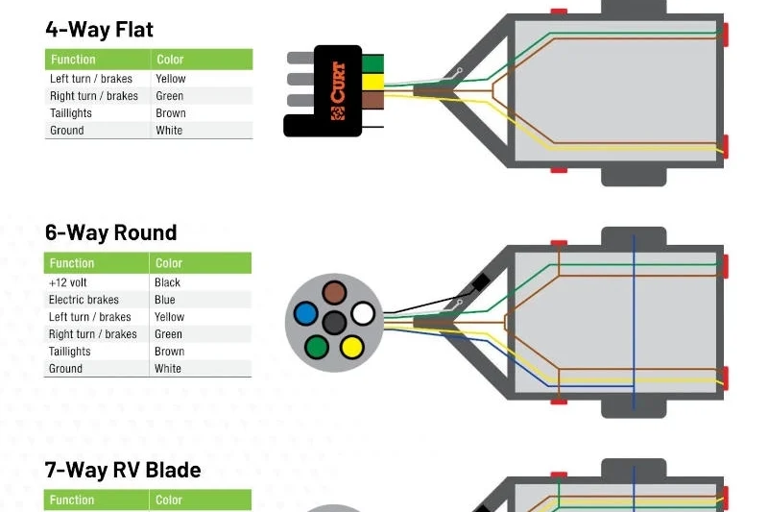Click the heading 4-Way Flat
pos(99,29)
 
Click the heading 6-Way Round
pos(110,232)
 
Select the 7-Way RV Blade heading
pos(123,470)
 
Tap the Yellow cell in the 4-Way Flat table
pos(171,79)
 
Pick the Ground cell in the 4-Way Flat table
pos(67,131)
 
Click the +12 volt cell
pos(67,282)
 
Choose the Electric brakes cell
pos(84,300)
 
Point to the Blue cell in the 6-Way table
pos(165,300)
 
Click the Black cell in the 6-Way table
pos(167,282)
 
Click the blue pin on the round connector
pos(305,313)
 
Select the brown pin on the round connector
pos(334,293)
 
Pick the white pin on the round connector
pos(363,313)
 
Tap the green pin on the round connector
pos(317,346)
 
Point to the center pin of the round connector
pos(334,322)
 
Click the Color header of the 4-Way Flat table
pos(170,60)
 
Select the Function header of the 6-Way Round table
pos(72,263)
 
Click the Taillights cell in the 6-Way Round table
pos(69,352)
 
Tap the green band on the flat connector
pos(372,64)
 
